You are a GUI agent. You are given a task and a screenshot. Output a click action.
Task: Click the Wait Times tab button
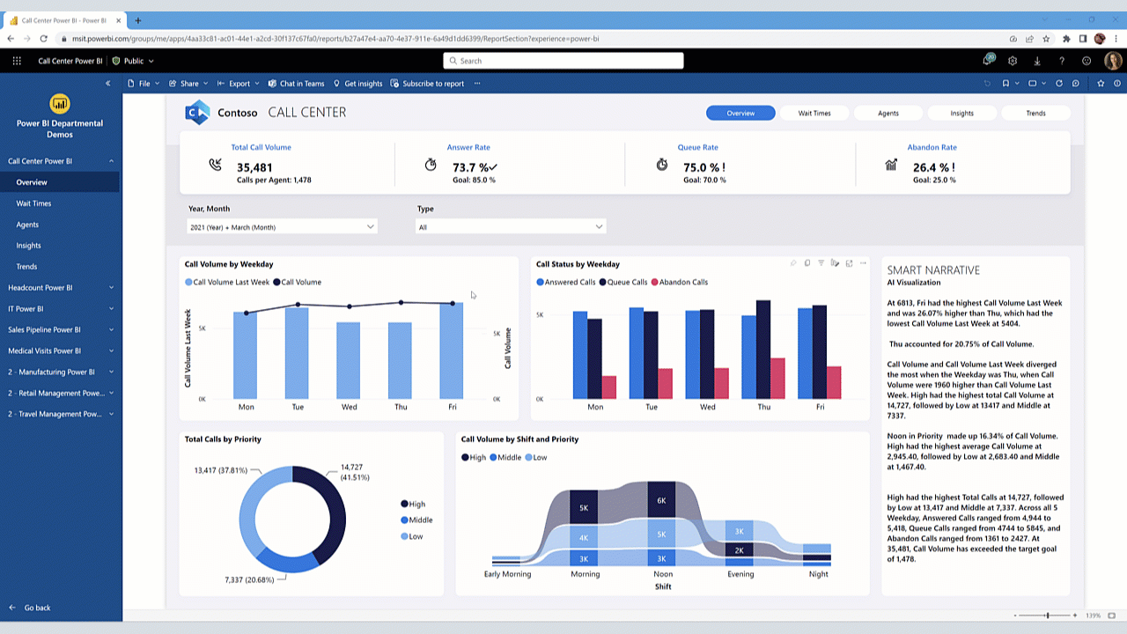click(814, 113)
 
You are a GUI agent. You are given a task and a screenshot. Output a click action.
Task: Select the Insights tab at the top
click(961, 113)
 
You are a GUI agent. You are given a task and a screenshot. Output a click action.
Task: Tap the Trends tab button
click(1035, 113)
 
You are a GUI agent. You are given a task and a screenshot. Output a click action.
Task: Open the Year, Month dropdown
click(282, 227)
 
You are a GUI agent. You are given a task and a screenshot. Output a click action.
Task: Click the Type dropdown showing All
click(511, 227)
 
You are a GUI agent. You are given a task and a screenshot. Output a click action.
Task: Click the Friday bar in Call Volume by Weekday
click(452, 352)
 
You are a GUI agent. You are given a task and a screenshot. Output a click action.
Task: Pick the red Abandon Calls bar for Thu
click(777, 379)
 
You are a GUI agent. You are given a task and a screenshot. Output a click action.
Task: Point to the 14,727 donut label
click(351, 468)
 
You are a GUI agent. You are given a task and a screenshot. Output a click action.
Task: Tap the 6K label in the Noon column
click(661, 500)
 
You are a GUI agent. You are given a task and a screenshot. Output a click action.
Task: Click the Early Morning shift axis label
click(507, 574)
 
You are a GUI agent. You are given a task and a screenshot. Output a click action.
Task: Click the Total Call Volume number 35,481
click(254, 167)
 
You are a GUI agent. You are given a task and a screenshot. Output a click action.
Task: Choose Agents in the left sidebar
click(27, 225)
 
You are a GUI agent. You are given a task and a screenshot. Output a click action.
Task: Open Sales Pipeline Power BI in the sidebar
click(44, 330)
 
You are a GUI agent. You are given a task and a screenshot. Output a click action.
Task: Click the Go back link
click(37, 608)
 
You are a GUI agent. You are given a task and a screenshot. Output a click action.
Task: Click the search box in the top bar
click(563, 61)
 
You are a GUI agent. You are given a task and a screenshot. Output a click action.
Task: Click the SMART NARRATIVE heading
click(933, 270)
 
